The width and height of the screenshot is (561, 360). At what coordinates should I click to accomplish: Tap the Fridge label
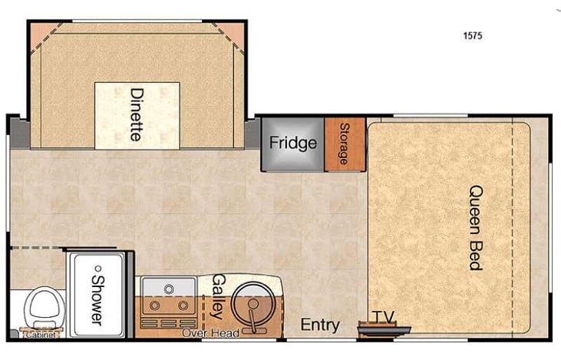point(293,144)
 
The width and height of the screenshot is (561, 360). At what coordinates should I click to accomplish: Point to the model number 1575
point(474,35)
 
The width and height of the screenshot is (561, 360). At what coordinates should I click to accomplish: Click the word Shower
point(97,296)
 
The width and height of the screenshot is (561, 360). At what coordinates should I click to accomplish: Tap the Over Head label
point(210,332)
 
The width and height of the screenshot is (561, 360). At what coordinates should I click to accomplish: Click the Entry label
point(320,325)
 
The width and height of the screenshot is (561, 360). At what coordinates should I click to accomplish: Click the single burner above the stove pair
point(169,288)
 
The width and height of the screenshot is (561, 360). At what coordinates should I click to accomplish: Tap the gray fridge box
point(292,144)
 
